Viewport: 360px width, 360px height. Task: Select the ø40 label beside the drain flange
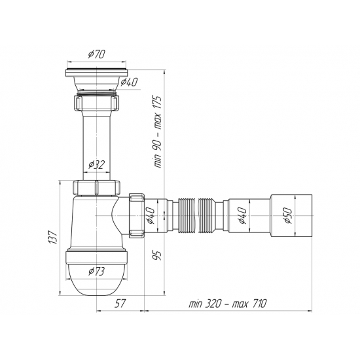coord(129,82)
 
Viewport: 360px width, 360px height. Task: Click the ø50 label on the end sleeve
coord(287,214)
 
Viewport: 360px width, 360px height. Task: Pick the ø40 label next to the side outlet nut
coord(150,214)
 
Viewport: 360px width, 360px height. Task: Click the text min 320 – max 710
coord(228,303)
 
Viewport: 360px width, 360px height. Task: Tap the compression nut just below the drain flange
coord(96,103)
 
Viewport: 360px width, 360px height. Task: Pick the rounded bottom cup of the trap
coord(95,275)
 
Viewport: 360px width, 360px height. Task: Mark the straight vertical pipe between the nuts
coord(96,144)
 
